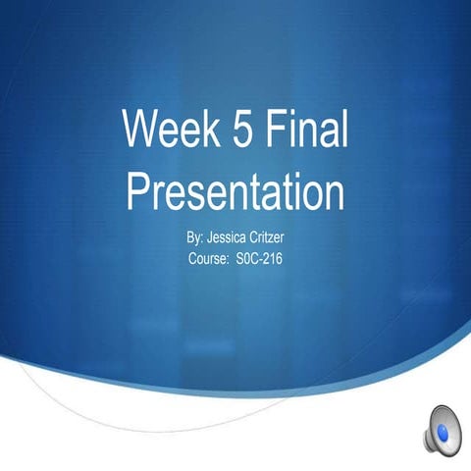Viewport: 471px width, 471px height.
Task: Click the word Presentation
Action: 235,190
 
